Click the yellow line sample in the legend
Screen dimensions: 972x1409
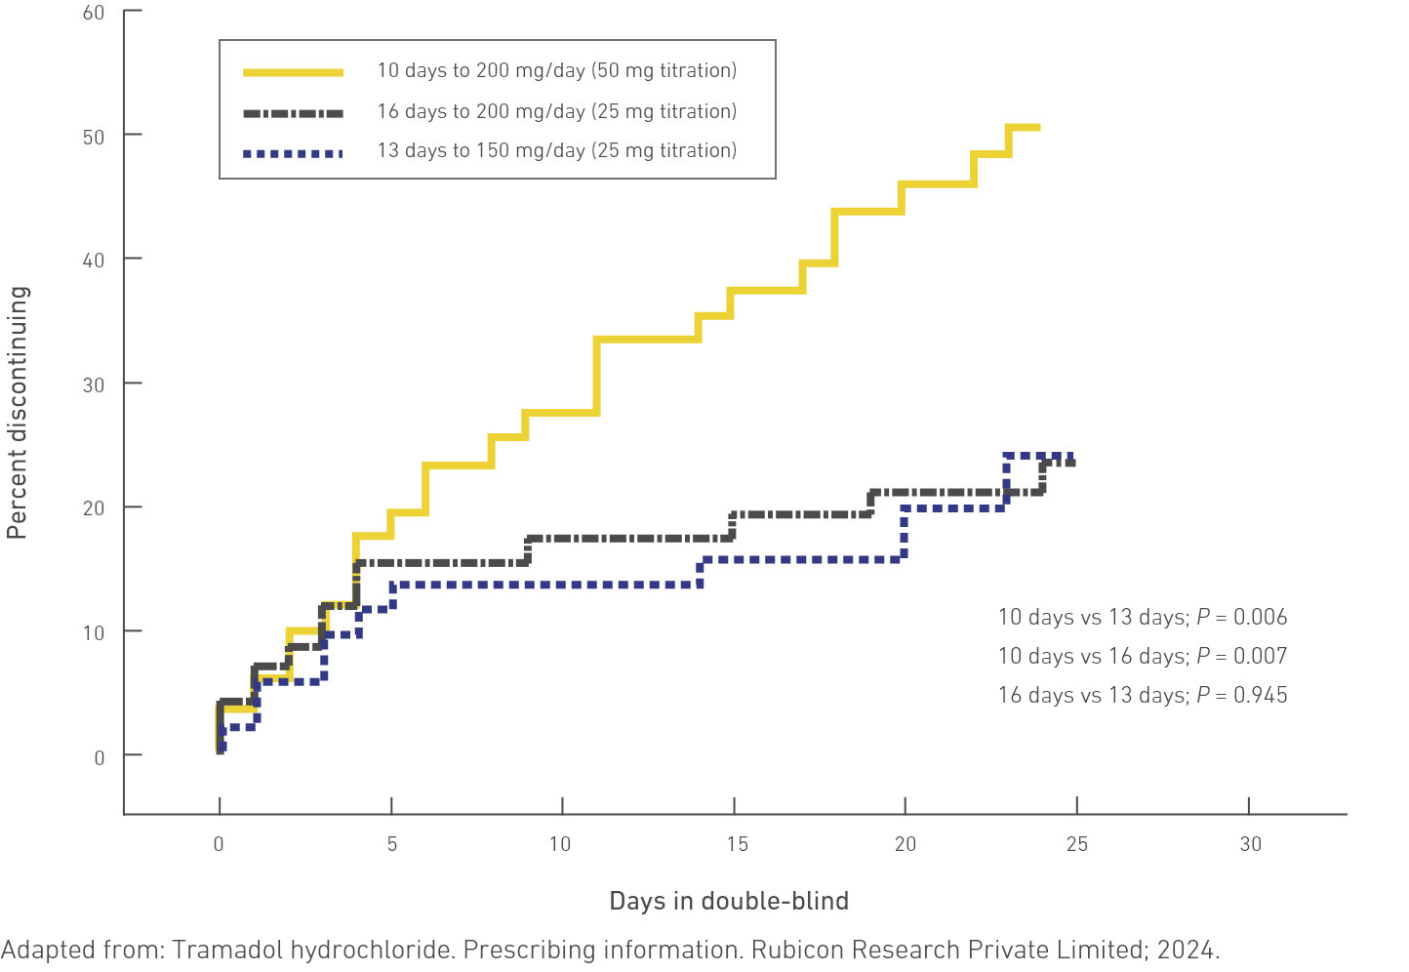coord(293,71)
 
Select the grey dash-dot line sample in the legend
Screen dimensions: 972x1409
coord(293,112)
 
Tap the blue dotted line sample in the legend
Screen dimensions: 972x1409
coord(293,152)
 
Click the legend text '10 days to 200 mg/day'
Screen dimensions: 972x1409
coord(481,71)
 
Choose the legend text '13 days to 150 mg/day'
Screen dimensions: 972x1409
coord(481,151)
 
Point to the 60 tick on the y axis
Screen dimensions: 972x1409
coord(94,13)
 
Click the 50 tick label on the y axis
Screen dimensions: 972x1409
coord(94,136)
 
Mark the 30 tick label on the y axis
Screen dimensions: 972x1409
coord(94,385)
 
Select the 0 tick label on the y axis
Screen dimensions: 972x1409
coord(100,757)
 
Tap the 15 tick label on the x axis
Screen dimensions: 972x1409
coord(737,844)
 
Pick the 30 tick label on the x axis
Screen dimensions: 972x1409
coord(1250,844)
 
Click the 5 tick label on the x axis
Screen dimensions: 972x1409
coord(392,844)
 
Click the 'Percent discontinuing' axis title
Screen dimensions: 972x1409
coord(18,413)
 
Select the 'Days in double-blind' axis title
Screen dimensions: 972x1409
coord(729,901)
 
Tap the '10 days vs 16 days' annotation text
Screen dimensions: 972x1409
coord(1092,656)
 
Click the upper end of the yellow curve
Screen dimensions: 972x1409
coord(1037,127)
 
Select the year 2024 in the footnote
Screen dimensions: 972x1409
coord(1194,950)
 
